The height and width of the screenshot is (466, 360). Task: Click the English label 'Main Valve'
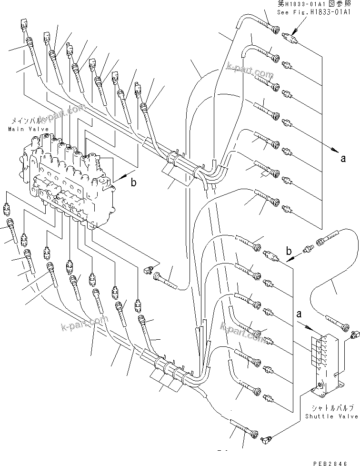pyautogui.click(x=23, y=129)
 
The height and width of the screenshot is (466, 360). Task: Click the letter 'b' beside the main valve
pyautogui.click(x=134, y=182)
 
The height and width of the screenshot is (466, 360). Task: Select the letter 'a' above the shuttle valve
pyautogui.click(x=299, y=315)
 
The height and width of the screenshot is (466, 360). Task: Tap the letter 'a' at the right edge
pyautogui.click(x=343, y=159)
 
